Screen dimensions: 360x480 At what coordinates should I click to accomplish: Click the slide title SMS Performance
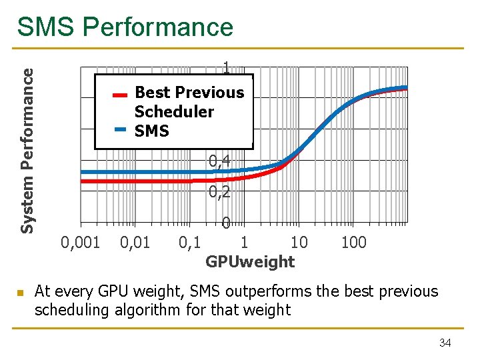coord(125,27)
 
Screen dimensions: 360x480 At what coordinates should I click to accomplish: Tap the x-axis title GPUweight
coord(249,262)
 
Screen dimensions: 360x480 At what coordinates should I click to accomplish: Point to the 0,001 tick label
coord(80,242)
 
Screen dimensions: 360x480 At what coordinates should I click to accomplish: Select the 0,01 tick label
coord(136,242)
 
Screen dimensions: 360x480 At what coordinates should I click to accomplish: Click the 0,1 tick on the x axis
coord(190,242)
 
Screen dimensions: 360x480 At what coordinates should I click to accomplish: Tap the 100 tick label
coord(353,242)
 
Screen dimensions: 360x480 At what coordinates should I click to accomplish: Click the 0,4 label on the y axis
coord(219,161)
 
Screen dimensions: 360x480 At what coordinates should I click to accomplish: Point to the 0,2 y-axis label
coord(219,193)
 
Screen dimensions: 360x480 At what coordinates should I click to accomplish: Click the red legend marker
coord(120,95)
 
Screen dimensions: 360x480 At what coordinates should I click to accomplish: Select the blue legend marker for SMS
coord(120,129)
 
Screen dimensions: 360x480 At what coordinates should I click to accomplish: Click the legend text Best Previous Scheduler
coord(189,102)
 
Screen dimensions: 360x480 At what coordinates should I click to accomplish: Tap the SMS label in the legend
coord(151,131)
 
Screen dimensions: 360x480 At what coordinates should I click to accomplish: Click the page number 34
coord(445,343)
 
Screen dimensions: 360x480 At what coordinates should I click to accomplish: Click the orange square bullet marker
coord(21,293)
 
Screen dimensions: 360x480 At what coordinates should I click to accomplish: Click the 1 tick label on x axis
coord(244,242)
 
